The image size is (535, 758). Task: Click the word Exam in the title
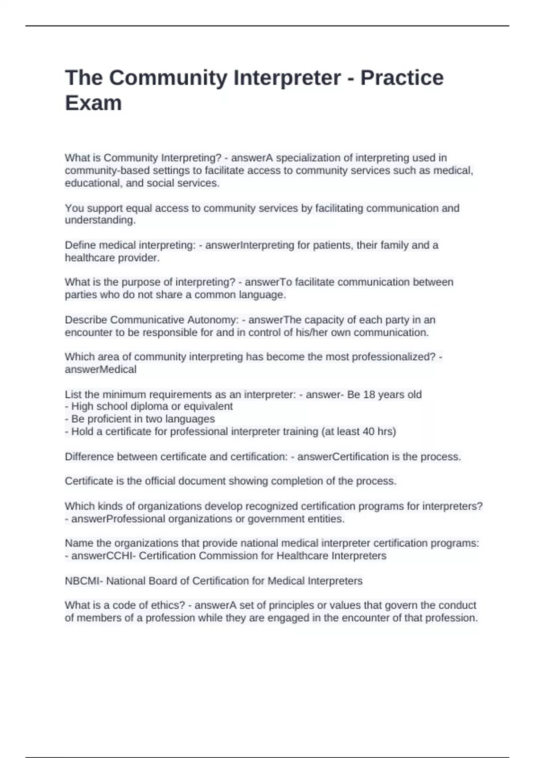(x=93, y=103)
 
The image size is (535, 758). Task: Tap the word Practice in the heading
(x=402, y=78)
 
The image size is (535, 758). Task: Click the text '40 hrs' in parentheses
(x=378, y=432)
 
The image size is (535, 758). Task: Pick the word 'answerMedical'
(x=101, y=370)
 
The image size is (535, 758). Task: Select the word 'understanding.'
(x=100, y=220)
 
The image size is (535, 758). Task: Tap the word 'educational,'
(x=94, y=183)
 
